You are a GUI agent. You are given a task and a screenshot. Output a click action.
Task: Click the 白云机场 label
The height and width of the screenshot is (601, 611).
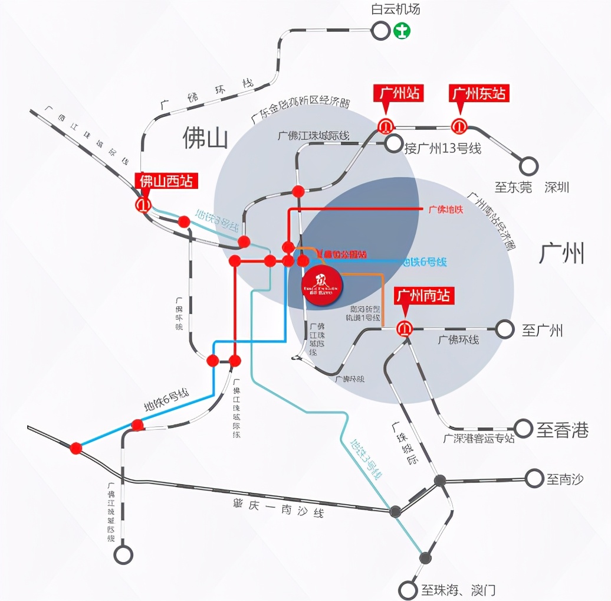tap(395, 9)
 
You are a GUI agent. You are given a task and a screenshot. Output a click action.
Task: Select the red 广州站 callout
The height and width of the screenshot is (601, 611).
tap(399, 93)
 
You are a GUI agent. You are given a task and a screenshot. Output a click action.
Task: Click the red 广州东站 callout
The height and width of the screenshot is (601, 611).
tap(478, 93)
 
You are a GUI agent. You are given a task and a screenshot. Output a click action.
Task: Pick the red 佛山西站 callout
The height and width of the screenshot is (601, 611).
tap(166, 181)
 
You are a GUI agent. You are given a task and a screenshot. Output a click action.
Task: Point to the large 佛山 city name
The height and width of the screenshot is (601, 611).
tap(205, 138)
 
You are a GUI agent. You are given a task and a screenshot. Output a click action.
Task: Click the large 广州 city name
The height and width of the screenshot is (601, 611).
tap(561, 253)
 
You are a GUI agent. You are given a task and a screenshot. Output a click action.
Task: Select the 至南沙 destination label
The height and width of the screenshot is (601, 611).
tap(564, 479)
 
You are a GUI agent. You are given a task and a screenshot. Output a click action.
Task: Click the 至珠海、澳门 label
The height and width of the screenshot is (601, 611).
tap(458, 589)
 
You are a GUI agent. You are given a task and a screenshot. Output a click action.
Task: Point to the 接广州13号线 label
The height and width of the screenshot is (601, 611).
tap(442, 148)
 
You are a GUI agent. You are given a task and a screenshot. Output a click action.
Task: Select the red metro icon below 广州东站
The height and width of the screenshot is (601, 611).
tap(459, 126)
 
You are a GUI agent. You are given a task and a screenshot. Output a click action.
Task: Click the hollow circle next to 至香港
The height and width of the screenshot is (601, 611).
tap(523, 429)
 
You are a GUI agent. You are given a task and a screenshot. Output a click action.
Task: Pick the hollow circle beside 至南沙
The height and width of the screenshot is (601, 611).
tap(534, 478)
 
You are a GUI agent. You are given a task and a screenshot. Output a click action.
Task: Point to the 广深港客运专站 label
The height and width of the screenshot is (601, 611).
tap(479, 438)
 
